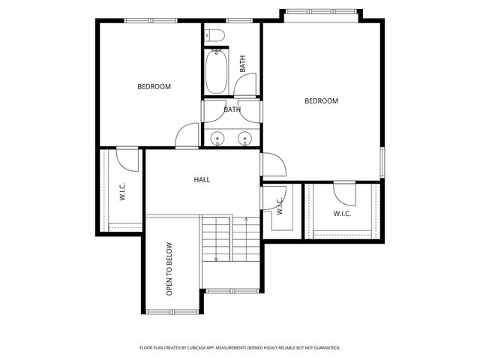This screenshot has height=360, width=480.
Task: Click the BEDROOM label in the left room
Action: [x=154, y=86]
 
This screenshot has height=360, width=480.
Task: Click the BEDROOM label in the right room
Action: [x=321, y=100]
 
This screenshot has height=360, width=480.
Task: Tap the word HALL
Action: [x=202, y=180]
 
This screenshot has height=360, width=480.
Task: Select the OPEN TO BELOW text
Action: [x=169, y=268]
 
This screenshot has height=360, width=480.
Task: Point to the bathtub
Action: [x=217, y=72]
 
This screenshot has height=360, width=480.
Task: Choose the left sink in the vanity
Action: [x=217, y=138]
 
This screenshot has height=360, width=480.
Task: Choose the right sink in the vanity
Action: [x=244, y=138]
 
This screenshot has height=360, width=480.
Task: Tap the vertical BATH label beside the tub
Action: [x=242, y=65]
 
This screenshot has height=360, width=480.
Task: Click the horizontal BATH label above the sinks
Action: [x=232, y=109]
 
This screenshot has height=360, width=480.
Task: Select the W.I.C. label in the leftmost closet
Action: [x=121, y=193]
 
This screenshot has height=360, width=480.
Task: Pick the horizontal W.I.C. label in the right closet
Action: [x=343, y=214]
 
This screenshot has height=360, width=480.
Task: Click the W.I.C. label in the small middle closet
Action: [x=279, y=206]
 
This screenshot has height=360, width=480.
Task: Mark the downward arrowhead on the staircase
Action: [x=216, y=259]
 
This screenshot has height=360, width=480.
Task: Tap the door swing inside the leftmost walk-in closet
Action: [x=126, y=157]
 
